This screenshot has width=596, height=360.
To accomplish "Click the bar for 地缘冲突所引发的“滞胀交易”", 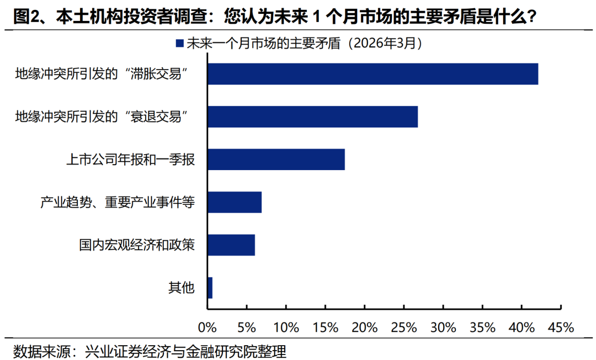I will click(372, 74).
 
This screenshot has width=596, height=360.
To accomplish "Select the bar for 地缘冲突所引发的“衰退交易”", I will click(312, 117).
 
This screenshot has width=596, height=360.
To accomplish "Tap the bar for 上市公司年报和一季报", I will click(276, 159).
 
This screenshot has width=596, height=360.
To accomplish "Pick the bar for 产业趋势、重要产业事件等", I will click(235, 202).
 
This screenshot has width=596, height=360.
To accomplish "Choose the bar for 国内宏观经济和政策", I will click(231, 245).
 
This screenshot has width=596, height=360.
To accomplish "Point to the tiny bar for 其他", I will click(210, 288).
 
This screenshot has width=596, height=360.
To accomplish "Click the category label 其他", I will click(181, 288).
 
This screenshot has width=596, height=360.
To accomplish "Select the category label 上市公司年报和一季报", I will click(130, 160).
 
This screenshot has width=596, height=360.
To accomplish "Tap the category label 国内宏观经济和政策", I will click(136, 245).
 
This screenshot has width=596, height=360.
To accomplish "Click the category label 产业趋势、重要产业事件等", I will click(117, 202).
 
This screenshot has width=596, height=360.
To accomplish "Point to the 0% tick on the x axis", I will click(207, 327).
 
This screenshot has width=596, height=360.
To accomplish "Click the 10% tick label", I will click(286, 327).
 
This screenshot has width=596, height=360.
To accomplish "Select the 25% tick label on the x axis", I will click(404, 327).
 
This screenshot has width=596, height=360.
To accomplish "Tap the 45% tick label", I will click(561, 327).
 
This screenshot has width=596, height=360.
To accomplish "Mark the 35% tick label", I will click(482, 327).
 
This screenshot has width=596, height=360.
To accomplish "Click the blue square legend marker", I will click(179, 44).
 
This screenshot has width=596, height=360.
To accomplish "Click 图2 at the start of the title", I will click(25, 16).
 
